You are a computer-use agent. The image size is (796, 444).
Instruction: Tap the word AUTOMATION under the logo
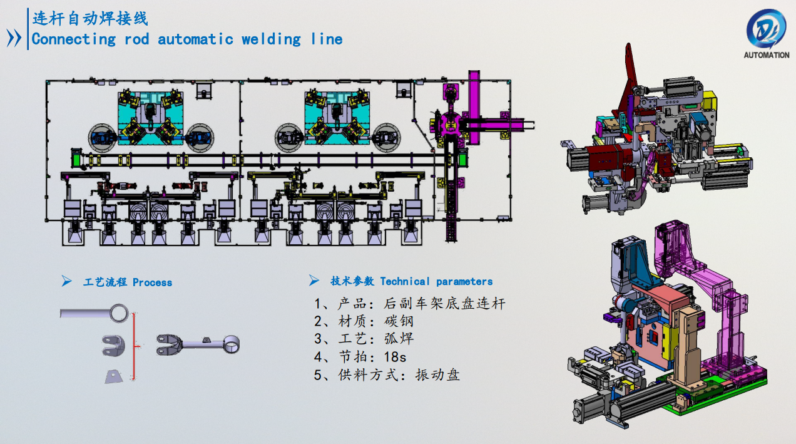766,55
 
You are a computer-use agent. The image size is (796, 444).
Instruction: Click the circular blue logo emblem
766,28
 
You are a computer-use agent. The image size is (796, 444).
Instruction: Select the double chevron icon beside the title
14,38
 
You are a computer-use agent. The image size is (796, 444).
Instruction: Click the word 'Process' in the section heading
152,282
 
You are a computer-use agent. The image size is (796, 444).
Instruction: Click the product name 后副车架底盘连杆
444,304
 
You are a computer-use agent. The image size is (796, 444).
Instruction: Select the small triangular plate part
113,376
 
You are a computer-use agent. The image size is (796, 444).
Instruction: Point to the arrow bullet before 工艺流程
66,282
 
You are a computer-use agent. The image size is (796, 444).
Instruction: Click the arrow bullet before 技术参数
314,281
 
